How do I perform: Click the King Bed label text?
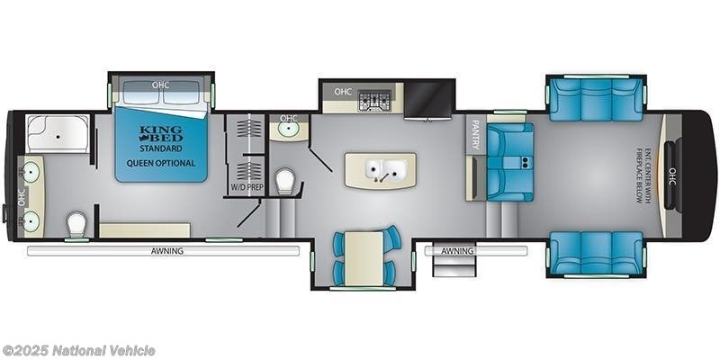161,133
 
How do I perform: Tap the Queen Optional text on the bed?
161,163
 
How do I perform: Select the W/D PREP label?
243,187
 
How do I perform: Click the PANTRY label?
476,134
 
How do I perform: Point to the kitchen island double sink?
381,170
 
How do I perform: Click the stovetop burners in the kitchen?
374,101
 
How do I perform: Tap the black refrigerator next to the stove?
429,100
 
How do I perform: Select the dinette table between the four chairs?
364,258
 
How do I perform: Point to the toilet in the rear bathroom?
76,224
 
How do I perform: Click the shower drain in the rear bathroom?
58,137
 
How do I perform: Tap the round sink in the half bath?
288,130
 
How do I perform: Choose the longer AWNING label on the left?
167,251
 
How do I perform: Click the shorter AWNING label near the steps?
457,251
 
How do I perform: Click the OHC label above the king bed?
160,85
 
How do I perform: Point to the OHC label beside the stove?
343,92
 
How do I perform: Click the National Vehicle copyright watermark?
77,351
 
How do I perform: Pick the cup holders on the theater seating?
525,161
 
